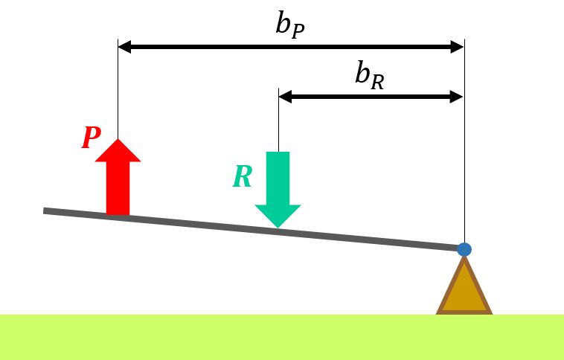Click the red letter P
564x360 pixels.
pyautogui.click(x=92, y=138)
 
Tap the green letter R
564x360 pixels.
pyautogui.click(x=242, y=176)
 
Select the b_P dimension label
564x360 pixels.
pyautogui.click(x=290, y=26)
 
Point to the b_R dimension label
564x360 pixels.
pyautogui.click(x=369, y=76)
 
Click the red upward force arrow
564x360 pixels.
pyautogui.click(x=118, y=177)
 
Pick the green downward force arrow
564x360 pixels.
pyautogui.click(x=278, y=190)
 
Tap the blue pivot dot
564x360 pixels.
pyautogui.click(x=464, y=249)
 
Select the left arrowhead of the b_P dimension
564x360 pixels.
pyautogui.click(x=124, y=47)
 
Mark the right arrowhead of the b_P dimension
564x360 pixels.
pyautogui.click(x=458, y=47)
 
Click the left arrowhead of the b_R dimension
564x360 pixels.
pyautogui.click(x=285, y=97)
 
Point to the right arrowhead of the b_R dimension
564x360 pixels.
pyautogui.click(x=456, y=97)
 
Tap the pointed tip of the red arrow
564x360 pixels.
pyautogui.click(x=118, y=139)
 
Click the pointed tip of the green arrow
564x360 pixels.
pyautogui.click(x=278, y=228)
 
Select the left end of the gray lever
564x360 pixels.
pyautogui.click(x=43, y=211)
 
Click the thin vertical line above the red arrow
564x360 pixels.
pyautogui.click(x=118, y=89)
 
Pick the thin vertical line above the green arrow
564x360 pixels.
pyautogui.click(x=278, y=120)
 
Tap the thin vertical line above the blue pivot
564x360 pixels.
pyautogui.click(x=464, y=141)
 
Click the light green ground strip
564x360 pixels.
pyautogui.click(x=282, y=338)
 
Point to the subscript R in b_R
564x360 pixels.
pyautogui.click(x=378, y=83)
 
